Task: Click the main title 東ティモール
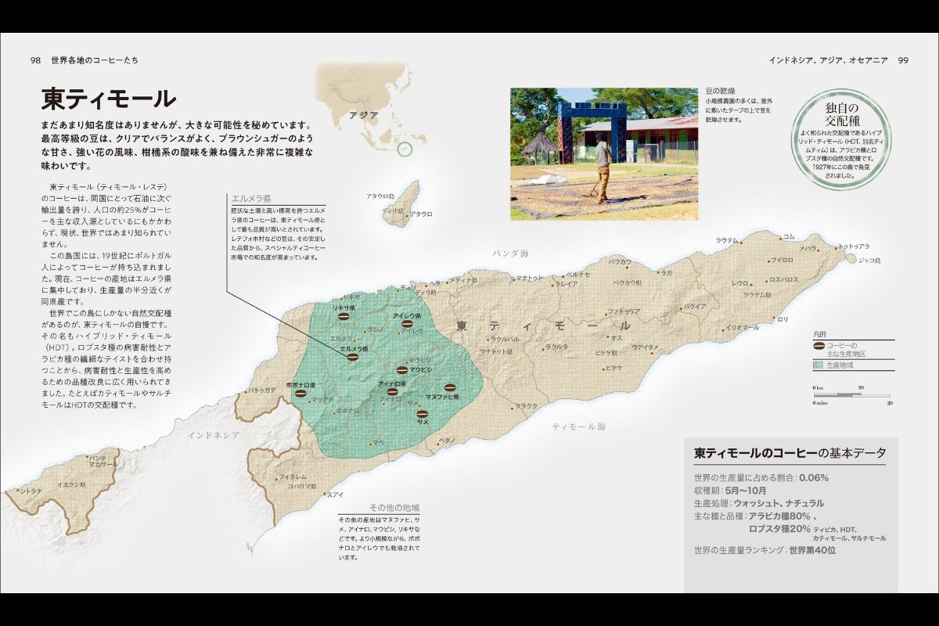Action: [109, 99]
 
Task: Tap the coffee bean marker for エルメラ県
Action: [353, 357]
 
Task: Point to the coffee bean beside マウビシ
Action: [402, 369]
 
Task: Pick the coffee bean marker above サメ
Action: [423, 412]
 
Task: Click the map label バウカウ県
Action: [628, 282]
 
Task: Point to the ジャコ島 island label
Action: [869, 260]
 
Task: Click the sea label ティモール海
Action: [579, 426]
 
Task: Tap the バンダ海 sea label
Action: [511, 254]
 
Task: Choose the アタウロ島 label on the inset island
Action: [379, 196]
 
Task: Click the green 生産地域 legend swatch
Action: [818, 365]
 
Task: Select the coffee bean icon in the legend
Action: [819, 345]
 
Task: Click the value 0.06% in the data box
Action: [814, 477]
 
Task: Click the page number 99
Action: [902, 60]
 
